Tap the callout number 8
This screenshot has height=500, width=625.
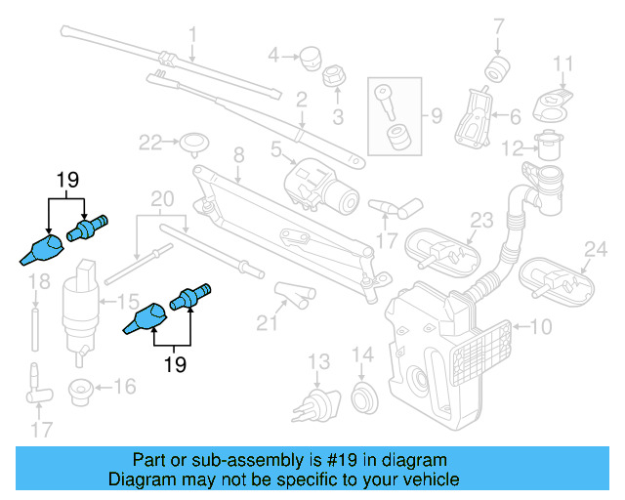236,154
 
